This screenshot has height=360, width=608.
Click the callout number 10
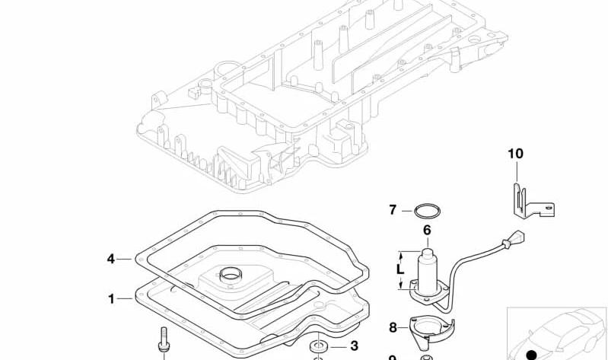pos(515,154)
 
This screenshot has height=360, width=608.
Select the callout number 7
pos(393,210)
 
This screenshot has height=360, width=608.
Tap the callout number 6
pos(427,230)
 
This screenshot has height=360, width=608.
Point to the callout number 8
pos(393,328)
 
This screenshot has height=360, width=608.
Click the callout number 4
pos(111,259)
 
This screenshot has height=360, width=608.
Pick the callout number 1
pos(111,298)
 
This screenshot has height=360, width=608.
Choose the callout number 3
pos(354,346)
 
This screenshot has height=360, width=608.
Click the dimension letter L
pos(400,269)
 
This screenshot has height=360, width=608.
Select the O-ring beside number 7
pos(427,211)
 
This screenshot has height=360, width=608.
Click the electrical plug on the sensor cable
pos(514,237)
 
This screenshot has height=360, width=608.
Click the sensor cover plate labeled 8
pos(431,329)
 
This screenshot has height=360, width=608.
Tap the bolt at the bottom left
pos(164,339)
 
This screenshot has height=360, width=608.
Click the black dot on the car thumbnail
pos(531,355)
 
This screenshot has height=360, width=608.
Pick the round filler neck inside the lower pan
pos(231,275)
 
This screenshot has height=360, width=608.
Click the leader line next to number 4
pos(125,259)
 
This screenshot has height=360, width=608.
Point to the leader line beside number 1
pos(126,298)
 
